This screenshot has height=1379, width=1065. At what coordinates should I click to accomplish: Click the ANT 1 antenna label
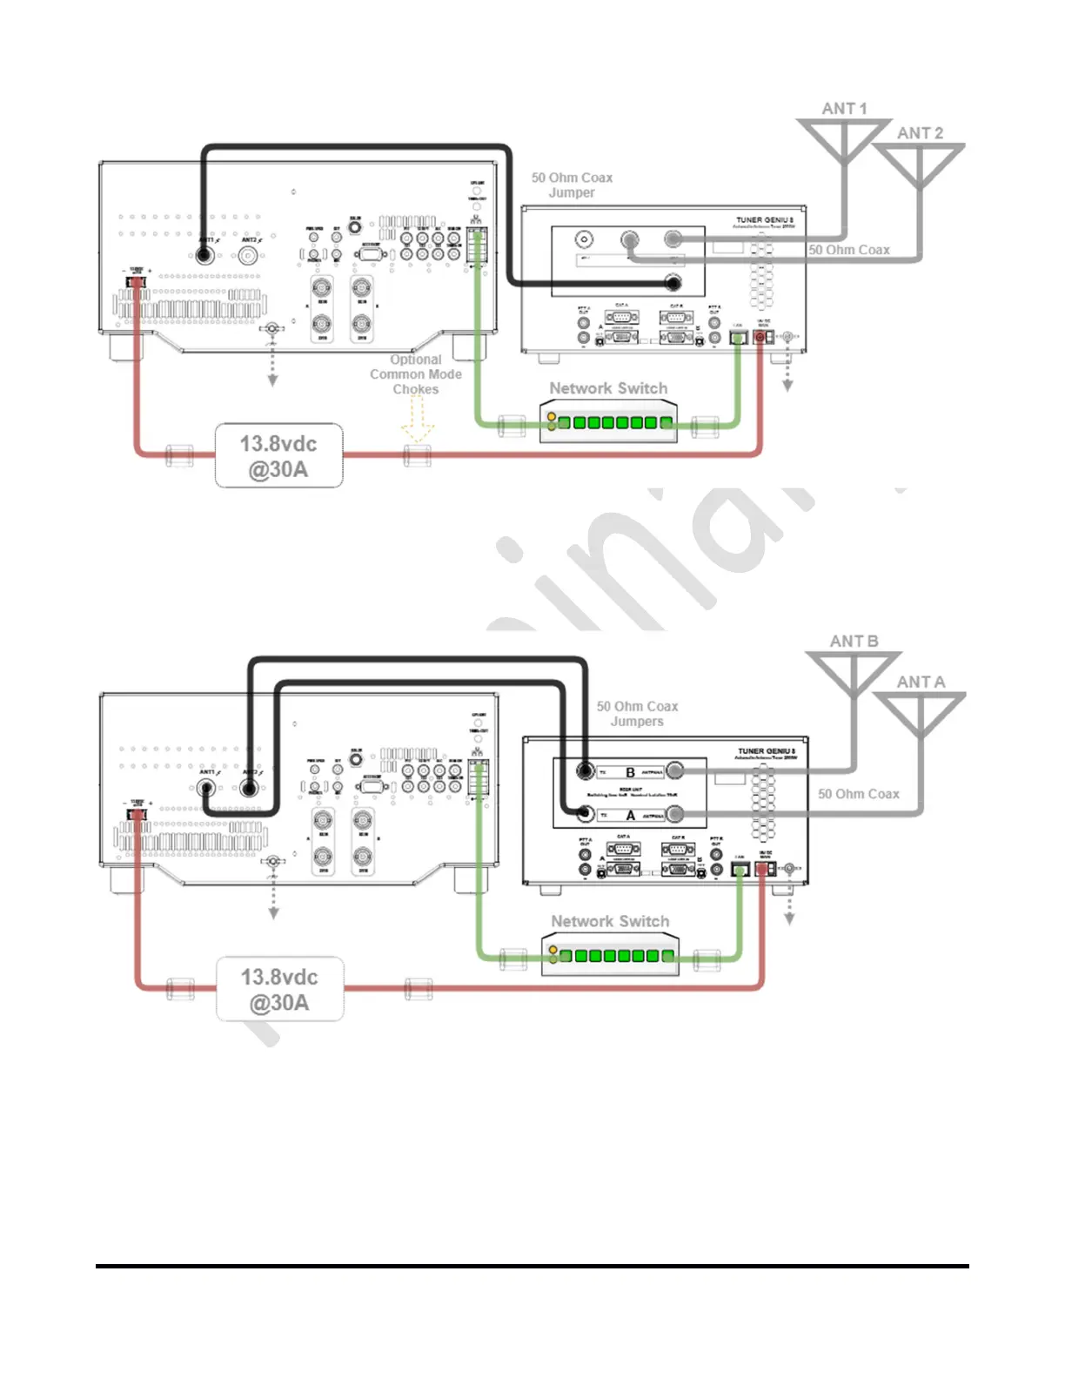844,109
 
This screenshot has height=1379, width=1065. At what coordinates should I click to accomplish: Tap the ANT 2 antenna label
920,133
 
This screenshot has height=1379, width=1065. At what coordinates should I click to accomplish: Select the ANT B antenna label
854,642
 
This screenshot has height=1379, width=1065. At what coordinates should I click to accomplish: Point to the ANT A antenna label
921,683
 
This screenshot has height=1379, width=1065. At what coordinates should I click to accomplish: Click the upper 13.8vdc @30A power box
278,456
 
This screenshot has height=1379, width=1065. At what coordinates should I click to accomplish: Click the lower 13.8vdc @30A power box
279,990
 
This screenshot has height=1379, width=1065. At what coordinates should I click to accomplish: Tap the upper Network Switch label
608,388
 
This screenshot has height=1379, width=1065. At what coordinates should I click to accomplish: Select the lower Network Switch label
610,921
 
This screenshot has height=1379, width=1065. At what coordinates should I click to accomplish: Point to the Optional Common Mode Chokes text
416,374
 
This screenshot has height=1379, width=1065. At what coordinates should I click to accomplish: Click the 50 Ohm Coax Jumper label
572,185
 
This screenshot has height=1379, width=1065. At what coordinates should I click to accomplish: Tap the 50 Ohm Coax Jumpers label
637,714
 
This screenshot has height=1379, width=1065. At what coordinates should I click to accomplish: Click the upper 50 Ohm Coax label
849,250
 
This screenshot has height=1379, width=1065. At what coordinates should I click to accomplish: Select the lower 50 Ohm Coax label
858,794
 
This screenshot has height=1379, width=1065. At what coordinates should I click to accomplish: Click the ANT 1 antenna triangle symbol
844,136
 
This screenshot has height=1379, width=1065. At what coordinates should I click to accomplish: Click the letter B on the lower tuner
630,772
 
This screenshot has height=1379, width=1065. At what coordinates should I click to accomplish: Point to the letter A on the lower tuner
630,816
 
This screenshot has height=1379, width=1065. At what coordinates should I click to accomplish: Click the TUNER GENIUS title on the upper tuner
765,220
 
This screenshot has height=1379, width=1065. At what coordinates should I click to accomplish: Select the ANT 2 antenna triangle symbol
919,160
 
